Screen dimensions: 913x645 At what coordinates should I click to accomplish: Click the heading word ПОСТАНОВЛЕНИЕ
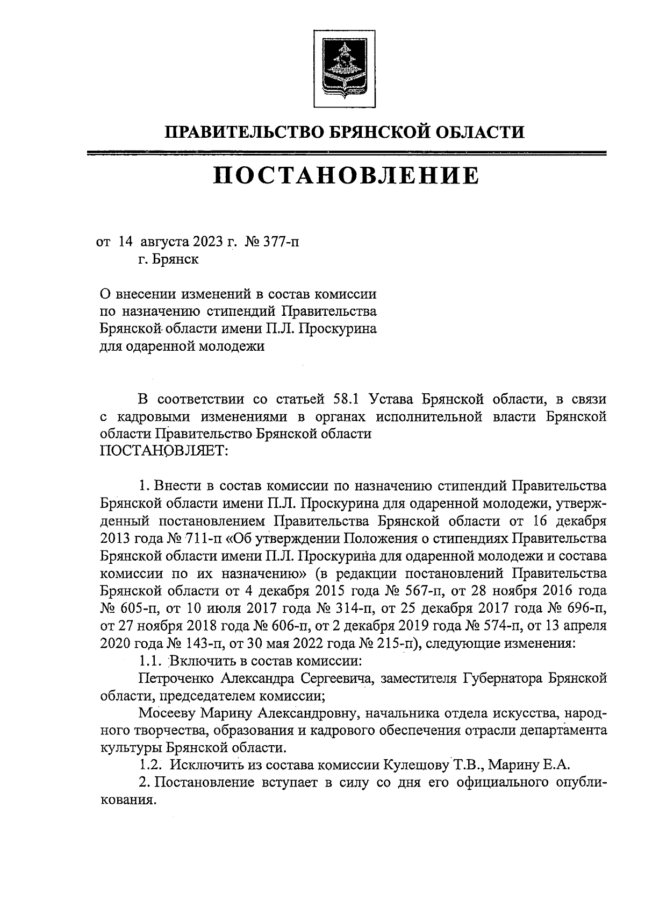coord(346,176)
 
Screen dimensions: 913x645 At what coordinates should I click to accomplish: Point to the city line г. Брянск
coord(168,259)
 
